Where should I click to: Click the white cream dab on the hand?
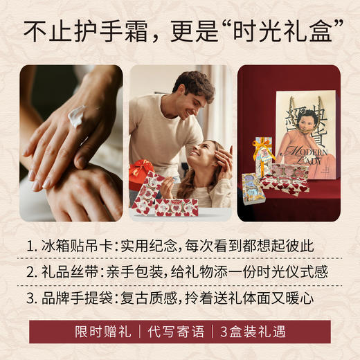(77, 116)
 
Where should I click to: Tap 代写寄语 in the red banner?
(177, 332)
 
